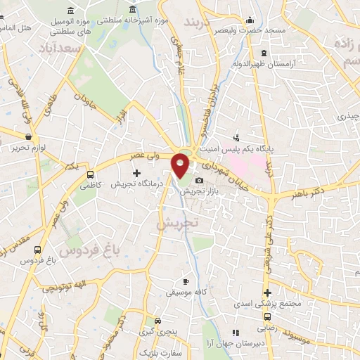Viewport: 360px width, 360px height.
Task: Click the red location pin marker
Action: point(181,165)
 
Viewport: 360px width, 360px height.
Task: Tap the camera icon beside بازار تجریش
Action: point(199,181)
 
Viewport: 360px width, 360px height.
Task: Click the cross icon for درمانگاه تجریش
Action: point(136,172)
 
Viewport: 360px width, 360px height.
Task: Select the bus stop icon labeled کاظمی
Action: point(90,174)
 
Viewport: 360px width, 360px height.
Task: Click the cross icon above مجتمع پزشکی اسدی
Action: point(266,292)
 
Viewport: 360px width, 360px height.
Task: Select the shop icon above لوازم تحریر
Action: point(28,136)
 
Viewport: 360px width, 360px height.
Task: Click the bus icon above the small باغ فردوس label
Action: point(37,250)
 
